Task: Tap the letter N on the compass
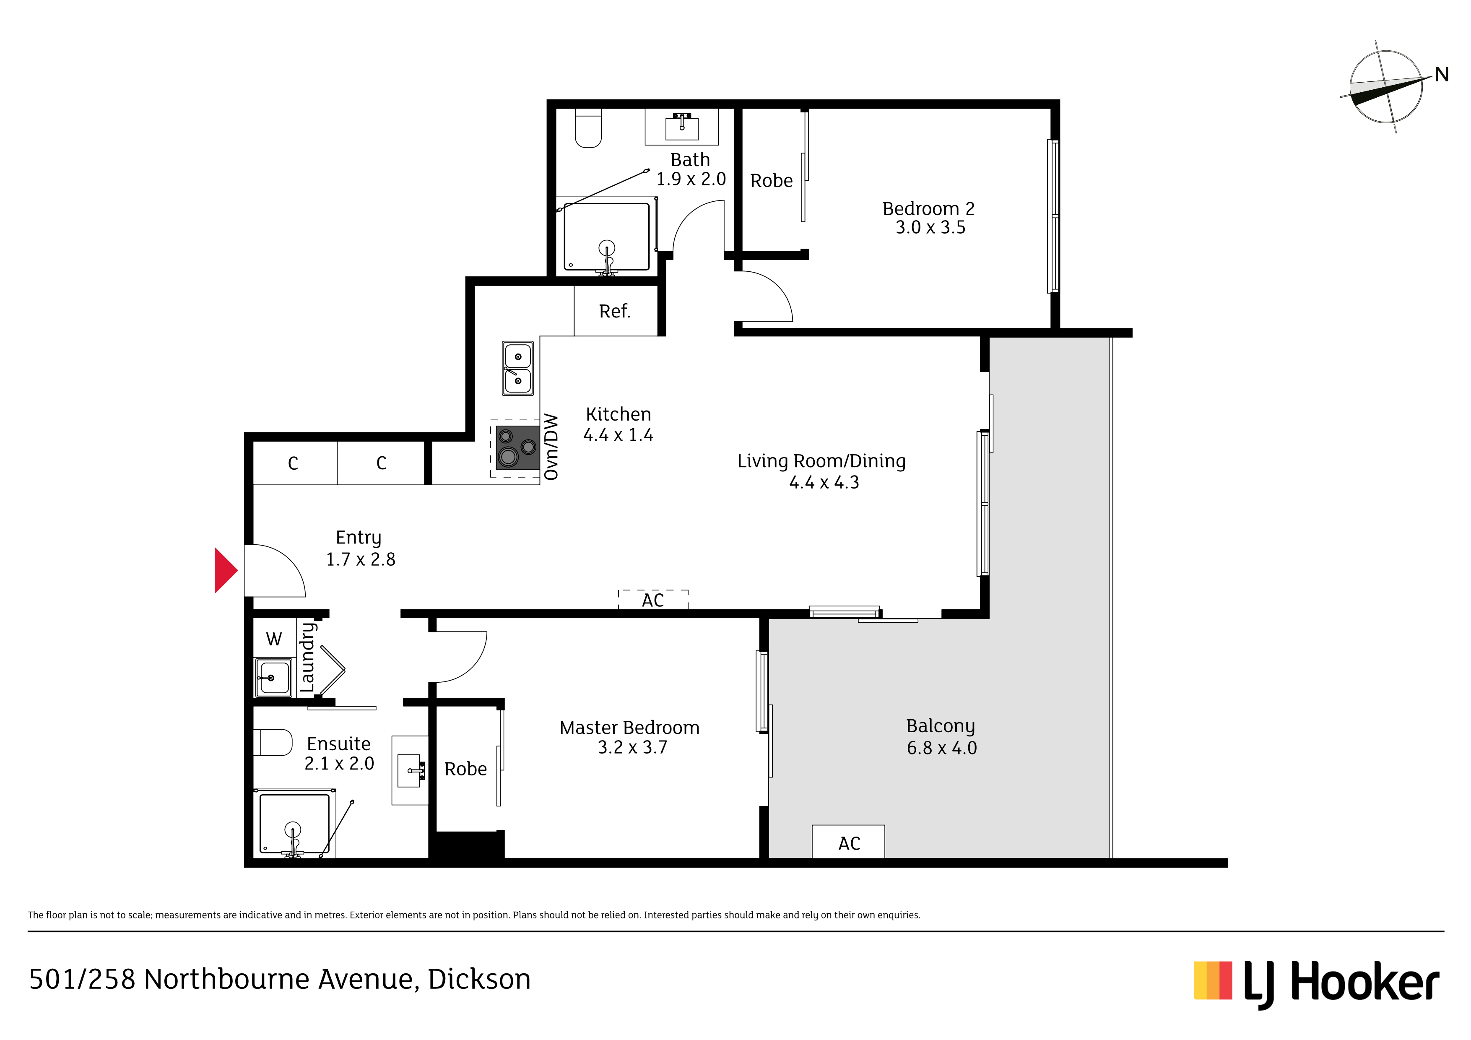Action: tap(1442, 75)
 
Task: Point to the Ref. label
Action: tap(614, 312)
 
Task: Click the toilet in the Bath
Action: tap(588, 128)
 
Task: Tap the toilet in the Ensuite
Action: tap(273, 743)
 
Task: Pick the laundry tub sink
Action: tap(273, 677)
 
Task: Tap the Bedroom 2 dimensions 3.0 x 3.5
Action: tap(930, 227)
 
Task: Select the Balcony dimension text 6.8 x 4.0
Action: tap(941, 748)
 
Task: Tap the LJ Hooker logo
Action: tap(1317, 982)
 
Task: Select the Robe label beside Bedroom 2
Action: tap(772, 181)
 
